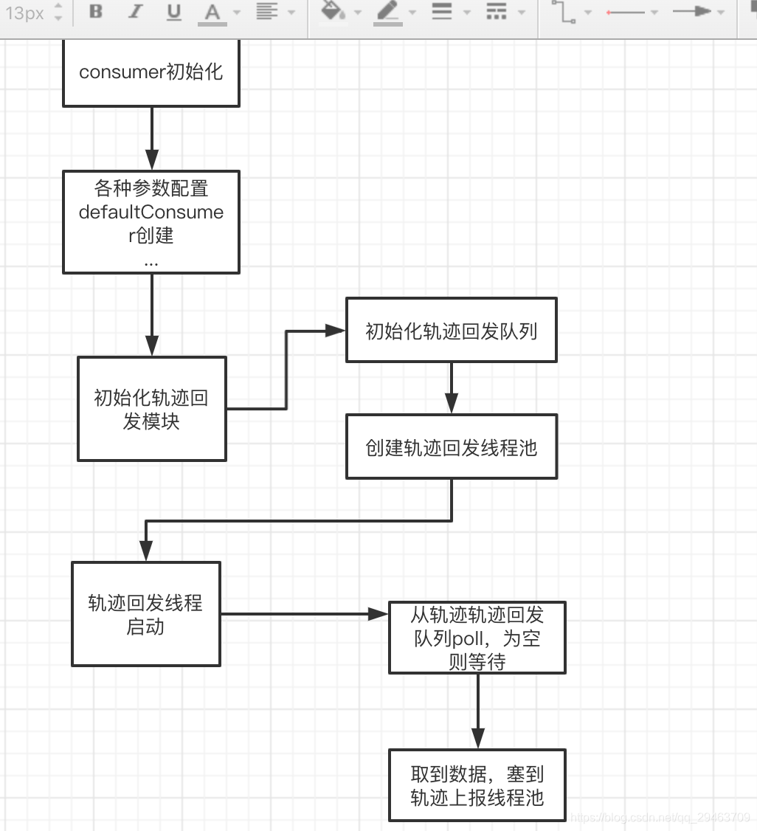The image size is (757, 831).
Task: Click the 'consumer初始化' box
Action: click(x=151, y=73)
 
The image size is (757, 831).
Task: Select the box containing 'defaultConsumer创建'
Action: click(x=151, y=222)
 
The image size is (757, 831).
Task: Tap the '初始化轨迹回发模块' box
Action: click(x=151, y=409)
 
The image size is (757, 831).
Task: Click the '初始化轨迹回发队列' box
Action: click(x=452, y=331)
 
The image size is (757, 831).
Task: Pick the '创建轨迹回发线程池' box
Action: click(x=452, y=446)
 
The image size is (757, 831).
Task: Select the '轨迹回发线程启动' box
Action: click(x=145, y=614)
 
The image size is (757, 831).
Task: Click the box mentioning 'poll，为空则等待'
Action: click(x=477, y=638)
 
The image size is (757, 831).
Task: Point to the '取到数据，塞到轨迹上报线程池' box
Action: click(x=477, y=785)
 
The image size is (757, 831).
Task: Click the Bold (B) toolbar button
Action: click(x=96, y=12)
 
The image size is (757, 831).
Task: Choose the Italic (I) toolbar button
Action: click(x=134, y=12)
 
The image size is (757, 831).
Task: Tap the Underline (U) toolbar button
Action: click(x=173, y=12)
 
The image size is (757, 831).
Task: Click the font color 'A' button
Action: click(x=212, y=13)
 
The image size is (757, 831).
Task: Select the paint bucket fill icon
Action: click(x=333, y=12)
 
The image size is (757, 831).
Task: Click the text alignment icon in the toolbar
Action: click(x=267, y=12)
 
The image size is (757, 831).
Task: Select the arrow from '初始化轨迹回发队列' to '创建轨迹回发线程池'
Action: click(x=452, y=387)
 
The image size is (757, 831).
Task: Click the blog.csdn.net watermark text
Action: click(x=660, y=817)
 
